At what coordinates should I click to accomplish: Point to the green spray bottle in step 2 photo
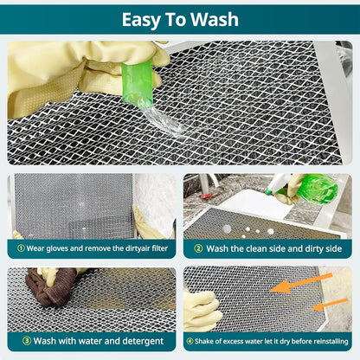click(x=315, y=189)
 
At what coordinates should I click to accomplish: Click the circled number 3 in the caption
click(x=20, y=340)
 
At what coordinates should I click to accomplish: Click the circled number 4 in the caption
click(x=190, y=340)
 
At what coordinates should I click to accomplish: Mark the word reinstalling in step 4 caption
click(x=328, y=340)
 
